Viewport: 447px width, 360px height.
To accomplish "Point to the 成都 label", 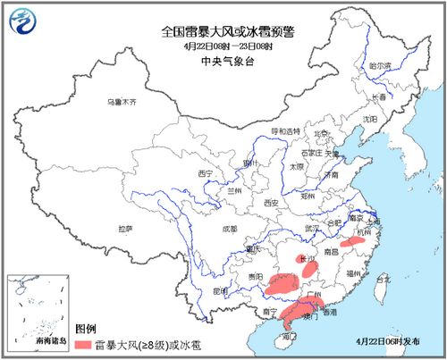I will tap(229, 229).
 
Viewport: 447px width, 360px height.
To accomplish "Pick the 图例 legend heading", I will tap(86, 328).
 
